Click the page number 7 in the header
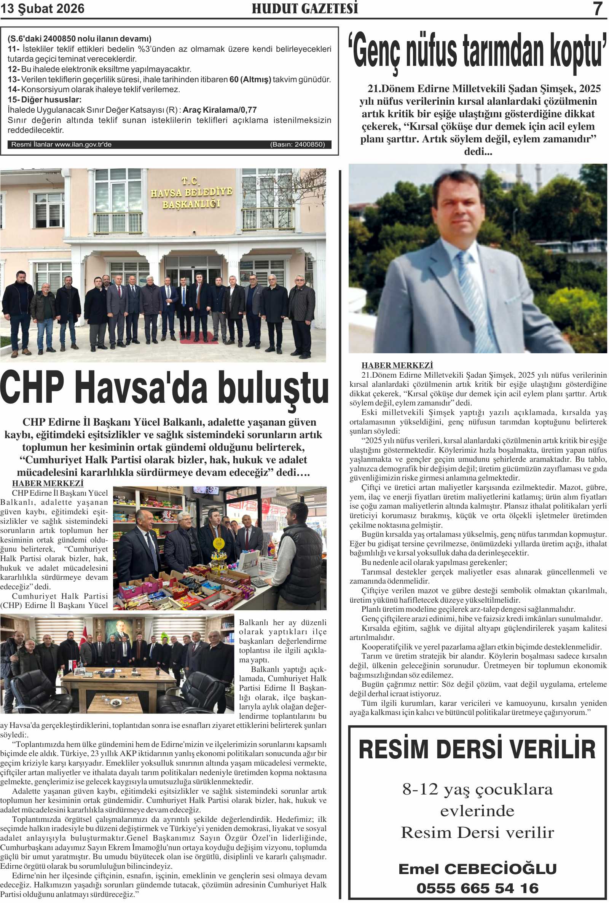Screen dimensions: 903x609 (598, 9)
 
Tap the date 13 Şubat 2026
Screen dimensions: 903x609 (42, 8)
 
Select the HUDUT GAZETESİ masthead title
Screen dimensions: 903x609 (305, 8)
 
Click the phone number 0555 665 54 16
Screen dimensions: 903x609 (477, 888)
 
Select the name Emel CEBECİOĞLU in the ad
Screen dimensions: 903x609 (477, 869)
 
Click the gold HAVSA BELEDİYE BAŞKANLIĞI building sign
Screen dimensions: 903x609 (191, 193)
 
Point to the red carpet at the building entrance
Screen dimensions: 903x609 (198, 337)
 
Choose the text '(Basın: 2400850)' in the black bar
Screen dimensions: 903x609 (298, 145)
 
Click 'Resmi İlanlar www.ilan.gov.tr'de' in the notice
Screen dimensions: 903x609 (61, 145)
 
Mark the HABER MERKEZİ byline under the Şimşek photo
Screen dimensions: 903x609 (397, 365)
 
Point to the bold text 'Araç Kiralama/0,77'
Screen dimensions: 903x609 (220, 110)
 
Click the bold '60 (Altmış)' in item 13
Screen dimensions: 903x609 (250, 80)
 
